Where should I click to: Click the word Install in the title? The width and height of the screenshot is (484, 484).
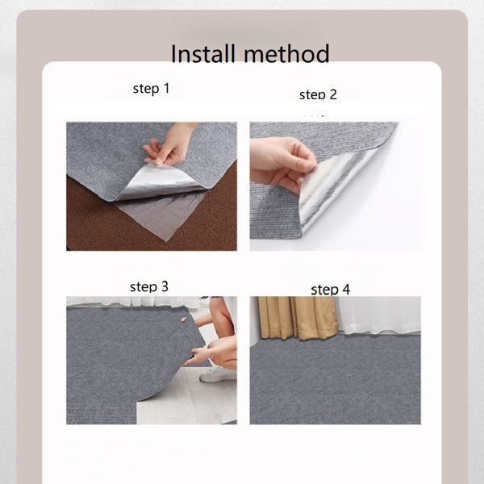tap(202, 53)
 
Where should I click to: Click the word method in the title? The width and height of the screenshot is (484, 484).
tap(286, 53)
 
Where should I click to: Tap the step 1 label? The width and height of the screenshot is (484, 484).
tap(152, 89)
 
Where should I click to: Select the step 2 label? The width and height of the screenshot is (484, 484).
tap(318, 94)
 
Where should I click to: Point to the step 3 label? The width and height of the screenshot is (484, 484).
tap(149, 286)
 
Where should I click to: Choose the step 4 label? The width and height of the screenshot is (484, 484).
tap(330, 290)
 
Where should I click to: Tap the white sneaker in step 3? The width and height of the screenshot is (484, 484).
tap(217, 374)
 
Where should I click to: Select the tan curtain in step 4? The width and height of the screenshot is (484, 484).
tap(297, 317)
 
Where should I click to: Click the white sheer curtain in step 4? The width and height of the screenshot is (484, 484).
tap(380, 315)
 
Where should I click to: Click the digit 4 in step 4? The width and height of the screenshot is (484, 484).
tap(346, 290)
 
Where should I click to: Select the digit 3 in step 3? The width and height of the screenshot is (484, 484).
tap(165, 286)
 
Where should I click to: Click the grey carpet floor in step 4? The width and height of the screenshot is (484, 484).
tap(336, 382)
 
